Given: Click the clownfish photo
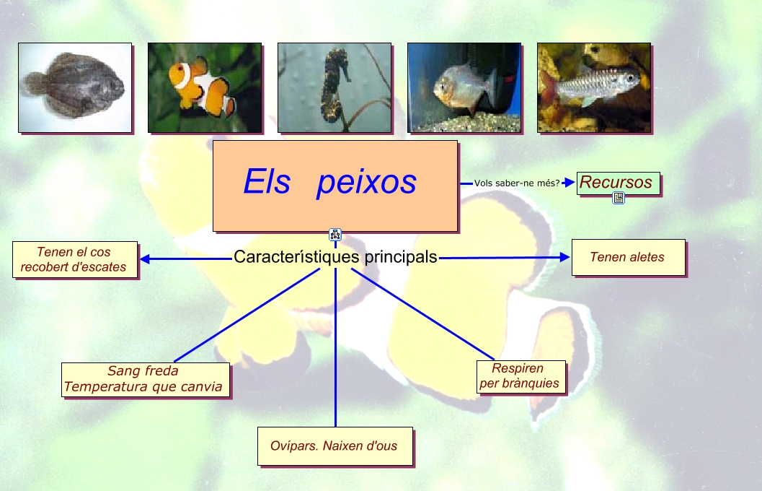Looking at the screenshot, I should tap(205, 87).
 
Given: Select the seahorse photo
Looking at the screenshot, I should tap(335, 87).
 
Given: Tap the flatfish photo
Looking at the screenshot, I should tap(75, 87).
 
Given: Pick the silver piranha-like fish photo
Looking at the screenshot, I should tap(464, 87).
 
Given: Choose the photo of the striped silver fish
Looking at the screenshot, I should tap(594, 87).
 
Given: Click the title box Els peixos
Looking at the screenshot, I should tap(335, 186).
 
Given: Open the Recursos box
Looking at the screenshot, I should tap(618, 183).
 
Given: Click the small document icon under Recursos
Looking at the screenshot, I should tap(619, 198).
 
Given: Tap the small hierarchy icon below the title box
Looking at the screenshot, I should tap(335, 234).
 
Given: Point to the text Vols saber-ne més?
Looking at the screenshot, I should tap(517, 183).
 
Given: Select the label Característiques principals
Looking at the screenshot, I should tap(335, 257).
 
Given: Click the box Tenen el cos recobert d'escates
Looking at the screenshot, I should tap(74, 259).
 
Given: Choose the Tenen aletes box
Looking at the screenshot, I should tap(628, 257).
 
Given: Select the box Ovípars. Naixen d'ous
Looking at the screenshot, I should tap(335, 446).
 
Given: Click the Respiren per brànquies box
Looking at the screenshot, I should tap(520, 376).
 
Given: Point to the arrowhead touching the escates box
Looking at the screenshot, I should tap(144, 258).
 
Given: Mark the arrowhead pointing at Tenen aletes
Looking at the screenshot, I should tap(565, 257).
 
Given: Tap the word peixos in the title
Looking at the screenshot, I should tap(366, 182).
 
